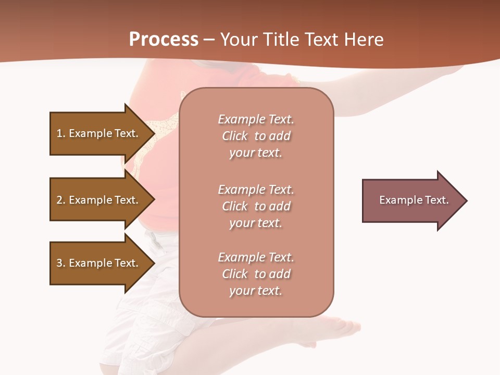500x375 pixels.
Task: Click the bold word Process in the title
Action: (164, 40)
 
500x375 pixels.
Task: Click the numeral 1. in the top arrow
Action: (60, 133)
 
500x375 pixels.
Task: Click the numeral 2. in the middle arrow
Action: (60, 200)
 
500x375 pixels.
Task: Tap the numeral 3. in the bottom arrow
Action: (60, 263)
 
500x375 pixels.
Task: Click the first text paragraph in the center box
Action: (256, 136)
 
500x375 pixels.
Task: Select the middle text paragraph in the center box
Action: (256, 206)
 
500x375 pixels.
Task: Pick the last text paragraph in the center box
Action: (256, 274)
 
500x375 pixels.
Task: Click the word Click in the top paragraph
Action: (235, 136)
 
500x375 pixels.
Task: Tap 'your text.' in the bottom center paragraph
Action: (256, 291)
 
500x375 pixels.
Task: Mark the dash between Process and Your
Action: (209, 40)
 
